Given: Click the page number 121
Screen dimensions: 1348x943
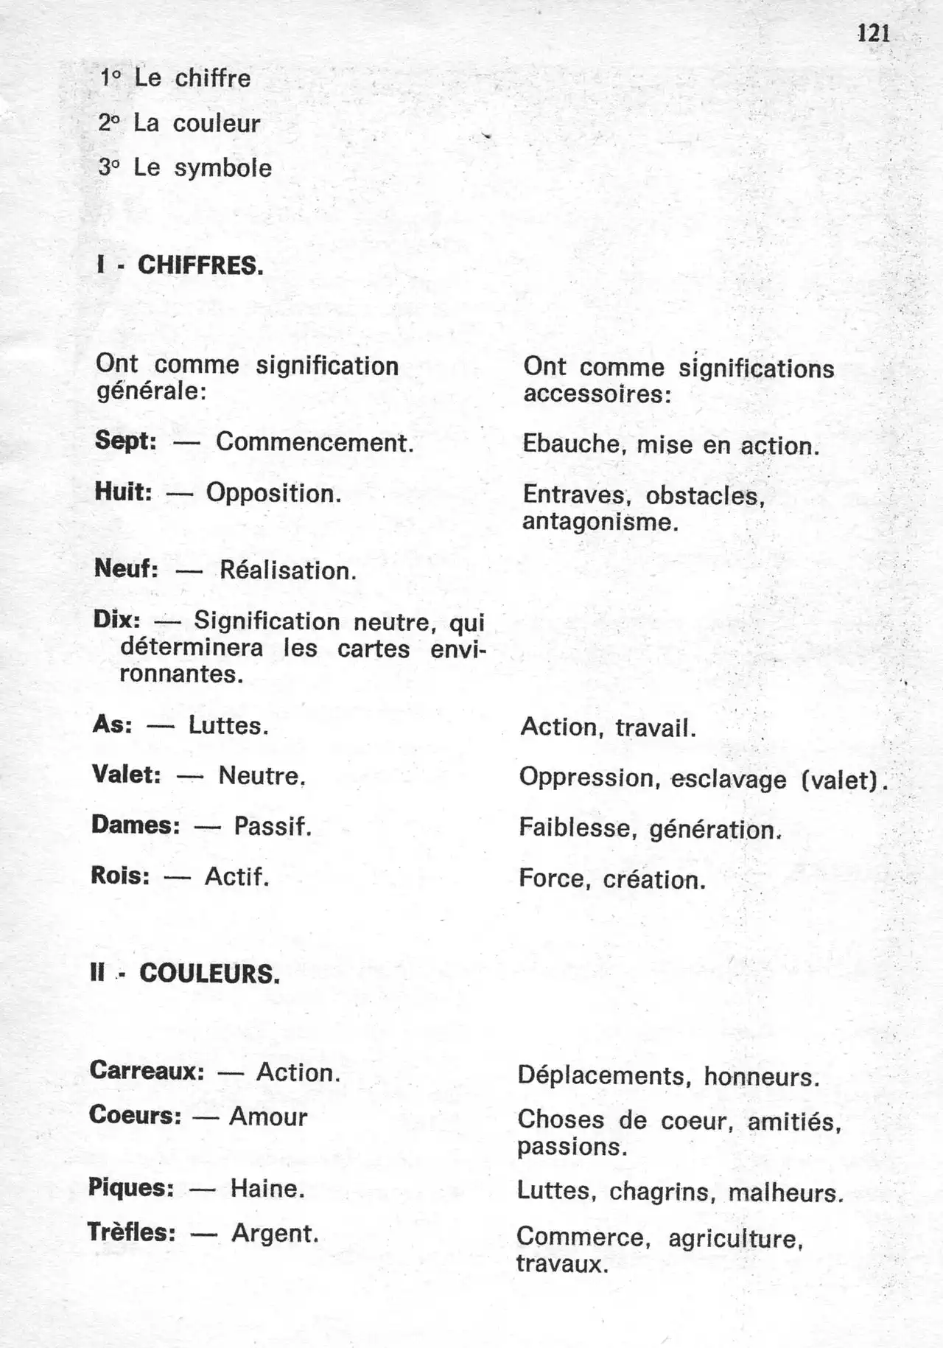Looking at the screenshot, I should click(874, 33).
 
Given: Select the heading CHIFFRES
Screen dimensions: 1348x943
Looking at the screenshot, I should click(200, 265).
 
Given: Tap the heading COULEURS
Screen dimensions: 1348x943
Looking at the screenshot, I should click(210, 974).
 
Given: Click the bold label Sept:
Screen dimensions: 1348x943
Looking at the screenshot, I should click(126, 441).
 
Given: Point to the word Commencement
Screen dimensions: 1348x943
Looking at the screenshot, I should click(315, 442).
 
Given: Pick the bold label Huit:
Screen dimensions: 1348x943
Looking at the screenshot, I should click(124, 492).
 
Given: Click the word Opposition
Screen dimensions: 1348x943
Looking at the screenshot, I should click(273, 493).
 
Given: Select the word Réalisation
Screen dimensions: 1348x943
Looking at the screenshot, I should click(288, 570).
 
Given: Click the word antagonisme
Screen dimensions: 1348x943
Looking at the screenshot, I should click(600, 523).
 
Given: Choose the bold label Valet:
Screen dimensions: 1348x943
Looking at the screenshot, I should click(127, 775).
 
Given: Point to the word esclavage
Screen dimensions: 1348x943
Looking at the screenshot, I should click(729, 779).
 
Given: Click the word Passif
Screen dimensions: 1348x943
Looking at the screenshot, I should click(273, 826).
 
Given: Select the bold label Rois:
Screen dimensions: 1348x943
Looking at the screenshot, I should click(121, 876).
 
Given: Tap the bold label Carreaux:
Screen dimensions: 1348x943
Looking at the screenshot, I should click(147, 1070).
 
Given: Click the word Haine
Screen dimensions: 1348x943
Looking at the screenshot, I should click(267, 1188).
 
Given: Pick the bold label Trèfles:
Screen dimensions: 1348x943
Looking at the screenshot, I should click(132, 1232).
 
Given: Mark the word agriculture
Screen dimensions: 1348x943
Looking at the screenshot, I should click(735, 1239).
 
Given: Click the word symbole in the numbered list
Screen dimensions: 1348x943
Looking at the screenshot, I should click(222, 169).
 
